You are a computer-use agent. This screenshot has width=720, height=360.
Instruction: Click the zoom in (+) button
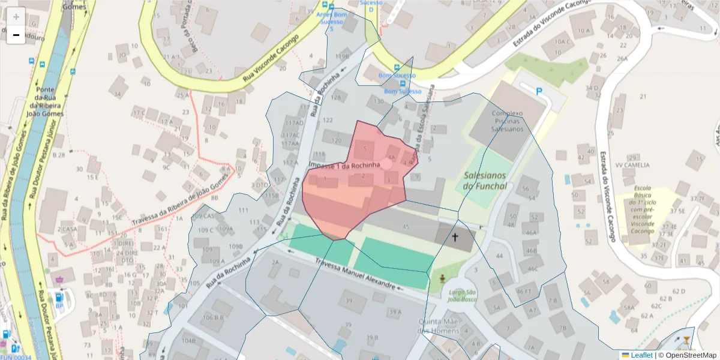(x=16, y=17)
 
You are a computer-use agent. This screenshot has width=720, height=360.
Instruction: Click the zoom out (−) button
(x=16, y=35)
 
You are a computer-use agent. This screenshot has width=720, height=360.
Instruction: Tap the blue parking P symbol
(x=539, y=91)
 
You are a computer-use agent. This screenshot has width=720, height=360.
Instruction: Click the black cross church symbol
(x=455, y=238)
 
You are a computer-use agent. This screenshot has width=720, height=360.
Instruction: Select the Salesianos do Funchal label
(x=485, y=181)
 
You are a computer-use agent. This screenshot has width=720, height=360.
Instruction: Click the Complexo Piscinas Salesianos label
(x=508, y=121)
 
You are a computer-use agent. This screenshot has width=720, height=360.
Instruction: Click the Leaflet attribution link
(x=641, y=355)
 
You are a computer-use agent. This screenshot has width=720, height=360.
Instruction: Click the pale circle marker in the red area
(x=387, y=163)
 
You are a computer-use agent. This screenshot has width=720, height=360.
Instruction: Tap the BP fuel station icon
(x=59, y=298)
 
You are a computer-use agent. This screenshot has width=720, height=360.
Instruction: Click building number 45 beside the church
(x=406, y=226)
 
